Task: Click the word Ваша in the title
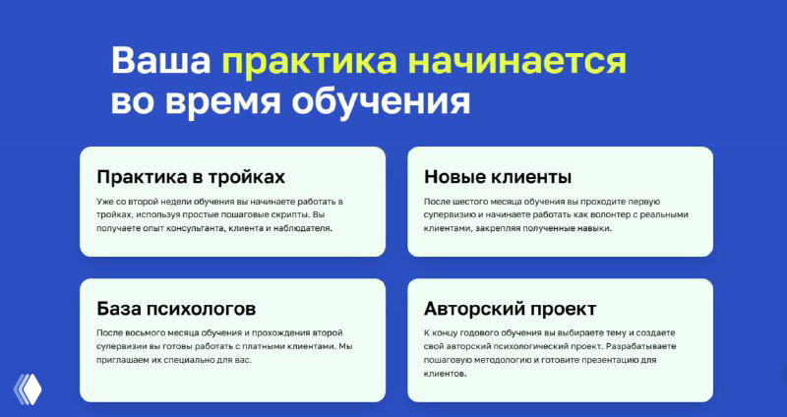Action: pos(160,60)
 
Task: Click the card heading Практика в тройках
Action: pos(191,178)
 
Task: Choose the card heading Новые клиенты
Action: pos(498,178)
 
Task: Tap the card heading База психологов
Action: pos(176,309)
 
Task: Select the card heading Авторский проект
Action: pos(510,309)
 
